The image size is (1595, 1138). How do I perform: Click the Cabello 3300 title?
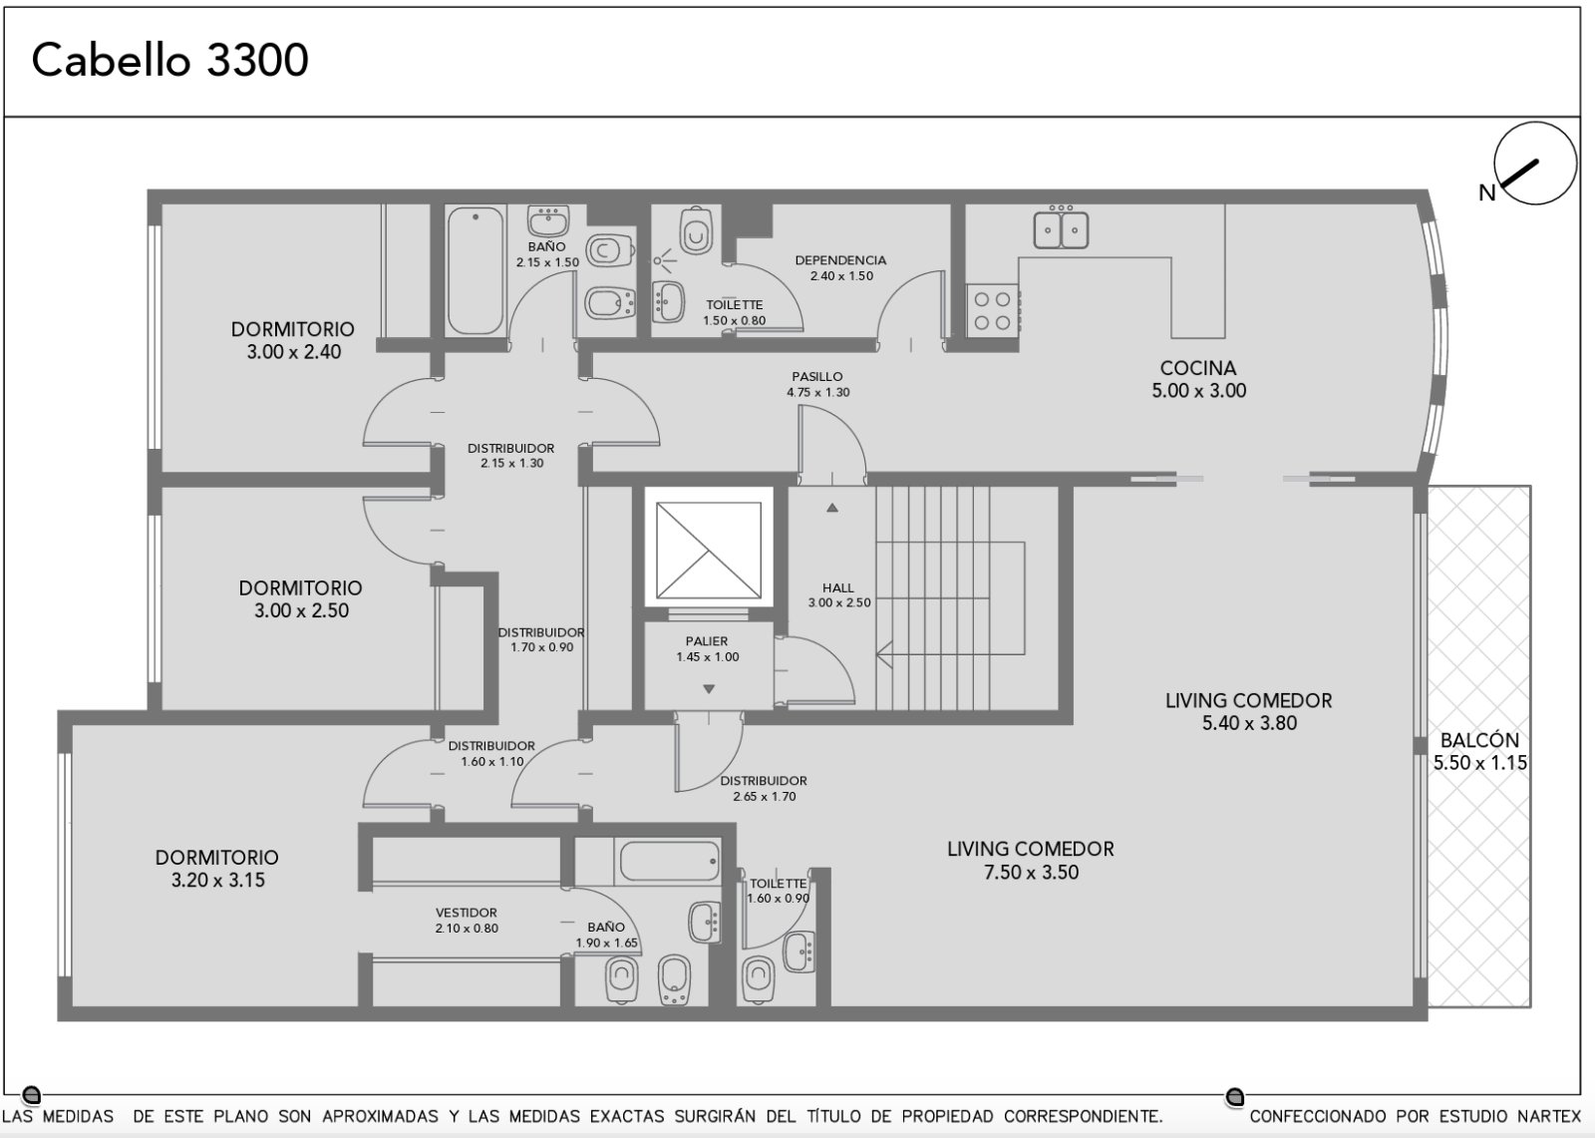pyautogui.click(x=170, y=60)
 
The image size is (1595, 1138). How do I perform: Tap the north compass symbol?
pyautogui.click(x=1534, y=164)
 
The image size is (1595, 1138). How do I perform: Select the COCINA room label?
pyautogui.click(x=1198, y=368)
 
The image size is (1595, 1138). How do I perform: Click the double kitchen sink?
pyautogui.click(x=1061, y=228)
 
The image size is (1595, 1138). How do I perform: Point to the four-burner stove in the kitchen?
pyautogui.click(x=993, y=310)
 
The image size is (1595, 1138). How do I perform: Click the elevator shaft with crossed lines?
pyautogui.click(x=709, y=550)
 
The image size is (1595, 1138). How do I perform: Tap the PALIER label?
pyautogui.click(x=707, y=641)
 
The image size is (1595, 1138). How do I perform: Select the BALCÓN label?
pyautogui.click(x=1479, y=740)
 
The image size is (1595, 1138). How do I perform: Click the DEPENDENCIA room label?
pyautogui.click(x=840, y=260)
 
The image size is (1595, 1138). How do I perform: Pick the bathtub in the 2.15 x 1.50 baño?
pyautogui.click(x=476, y=270)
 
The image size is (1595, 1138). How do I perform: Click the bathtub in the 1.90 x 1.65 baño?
pyautogui.click(x=670, y=862)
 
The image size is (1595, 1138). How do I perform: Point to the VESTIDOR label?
pyautogui.click(x=467, y=913)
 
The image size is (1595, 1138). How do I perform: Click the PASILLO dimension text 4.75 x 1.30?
pyautogui.click(x=817, y=393)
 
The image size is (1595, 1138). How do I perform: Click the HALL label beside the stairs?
pyautogui.click(x=838, y=587)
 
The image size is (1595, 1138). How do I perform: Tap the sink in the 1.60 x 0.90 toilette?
pyautogui.click(x=798, y=952)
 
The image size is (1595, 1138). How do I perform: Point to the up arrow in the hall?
pyautogui.click(x=832, y=508)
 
